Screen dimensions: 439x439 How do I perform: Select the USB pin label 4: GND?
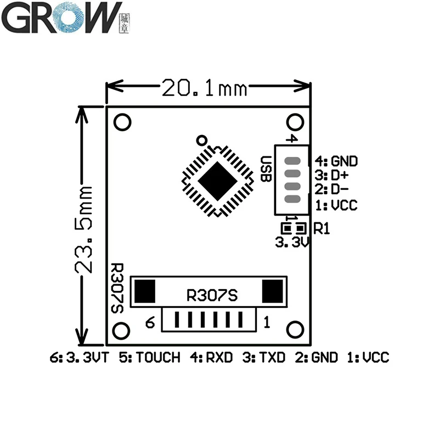336,161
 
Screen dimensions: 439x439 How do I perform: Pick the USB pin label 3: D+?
333,176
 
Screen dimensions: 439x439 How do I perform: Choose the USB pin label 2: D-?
333,190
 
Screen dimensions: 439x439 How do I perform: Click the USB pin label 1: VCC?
336,205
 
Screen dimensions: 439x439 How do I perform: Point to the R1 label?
322,228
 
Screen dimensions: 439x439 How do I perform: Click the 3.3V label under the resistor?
291,241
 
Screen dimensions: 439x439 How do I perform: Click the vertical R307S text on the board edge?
117,288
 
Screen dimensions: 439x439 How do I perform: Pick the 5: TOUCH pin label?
149,358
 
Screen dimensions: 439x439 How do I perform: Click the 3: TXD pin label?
264,358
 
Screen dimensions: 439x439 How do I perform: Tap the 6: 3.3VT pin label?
80,358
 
